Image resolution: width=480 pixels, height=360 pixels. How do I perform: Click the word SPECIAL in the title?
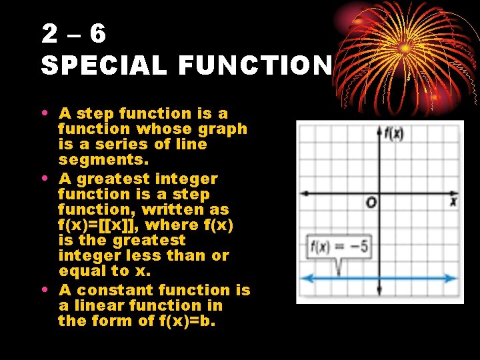(102, 65)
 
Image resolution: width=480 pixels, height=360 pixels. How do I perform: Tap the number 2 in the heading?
(49, 33)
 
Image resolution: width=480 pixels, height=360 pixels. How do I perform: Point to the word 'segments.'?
(104, 160)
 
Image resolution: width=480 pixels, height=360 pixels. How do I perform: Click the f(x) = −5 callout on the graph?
(339, 247)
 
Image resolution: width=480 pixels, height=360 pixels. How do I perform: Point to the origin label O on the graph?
(371, 202)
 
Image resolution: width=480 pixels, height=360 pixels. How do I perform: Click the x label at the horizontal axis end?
(453, 201)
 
